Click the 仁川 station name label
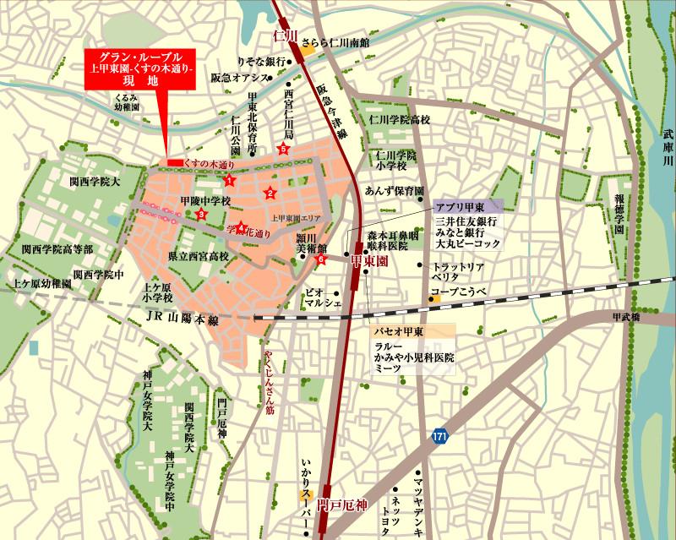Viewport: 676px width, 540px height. pos(283,35)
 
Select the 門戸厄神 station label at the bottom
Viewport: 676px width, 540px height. pos(344,505)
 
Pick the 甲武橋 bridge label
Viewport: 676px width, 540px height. pos(629,316)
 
